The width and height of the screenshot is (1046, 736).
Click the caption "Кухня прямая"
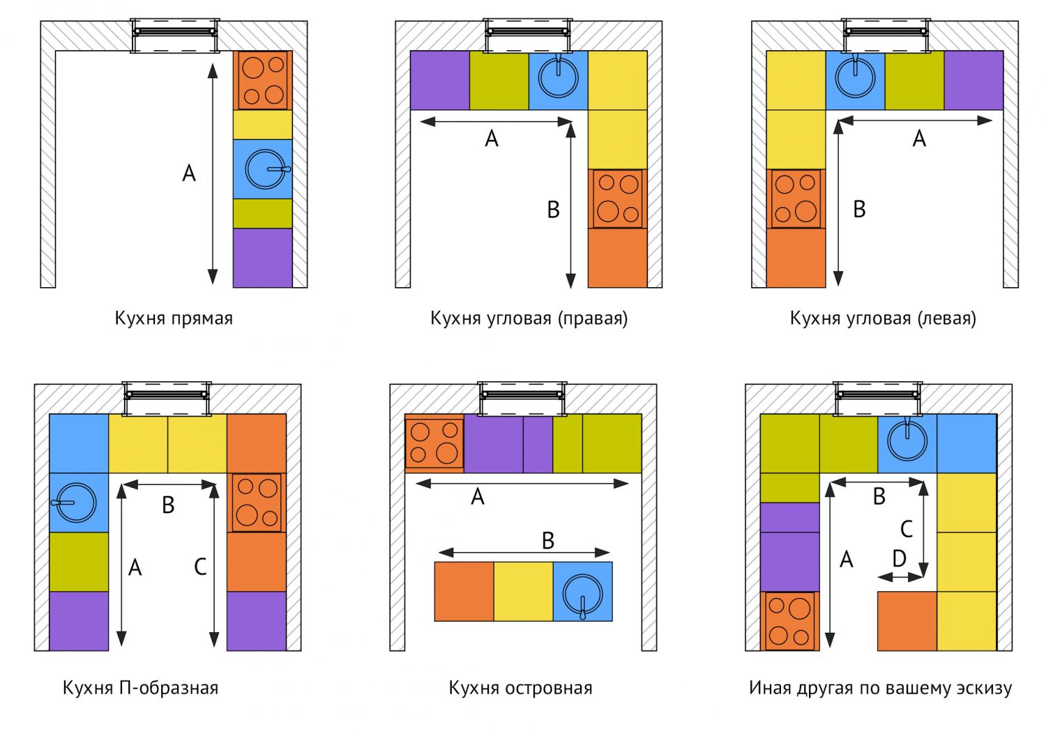[174, 319]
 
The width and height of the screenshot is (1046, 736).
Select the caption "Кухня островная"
[520, 689]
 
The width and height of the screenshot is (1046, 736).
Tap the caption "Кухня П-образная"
[140, 689]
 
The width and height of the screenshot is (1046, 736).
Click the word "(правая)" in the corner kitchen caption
[592, 319]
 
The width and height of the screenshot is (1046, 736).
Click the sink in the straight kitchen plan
[266, 169]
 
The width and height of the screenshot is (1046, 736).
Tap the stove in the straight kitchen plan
[263, 80]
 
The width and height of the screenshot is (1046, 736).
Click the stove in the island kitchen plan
[434, 443]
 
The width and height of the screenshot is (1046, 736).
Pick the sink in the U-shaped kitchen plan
[76, 503]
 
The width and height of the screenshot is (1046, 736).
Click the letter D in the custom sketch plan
[900, 558]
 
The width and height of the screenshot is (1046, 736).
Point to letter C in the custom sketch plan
[907, 530]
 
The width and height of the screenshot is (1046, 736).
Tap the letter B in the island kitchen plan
[548, 541]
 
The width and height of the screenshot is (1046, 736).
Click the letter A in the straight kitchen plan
[189, 173]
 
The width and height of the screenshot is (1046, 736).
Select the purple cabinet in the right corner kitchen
[439, 80]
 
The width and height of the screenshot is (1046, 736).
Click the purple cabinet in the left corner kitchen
[973, 80]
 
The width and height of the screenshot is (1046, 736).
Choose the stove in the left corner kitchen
[796, 199]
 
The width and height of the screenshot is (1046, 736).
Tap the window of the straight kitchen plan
[174, 36]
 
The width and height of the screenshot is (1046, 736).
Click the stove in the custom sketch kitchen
[789, 621]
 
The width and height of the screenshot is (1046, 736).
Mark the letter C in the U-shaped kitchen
[200, 567]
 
